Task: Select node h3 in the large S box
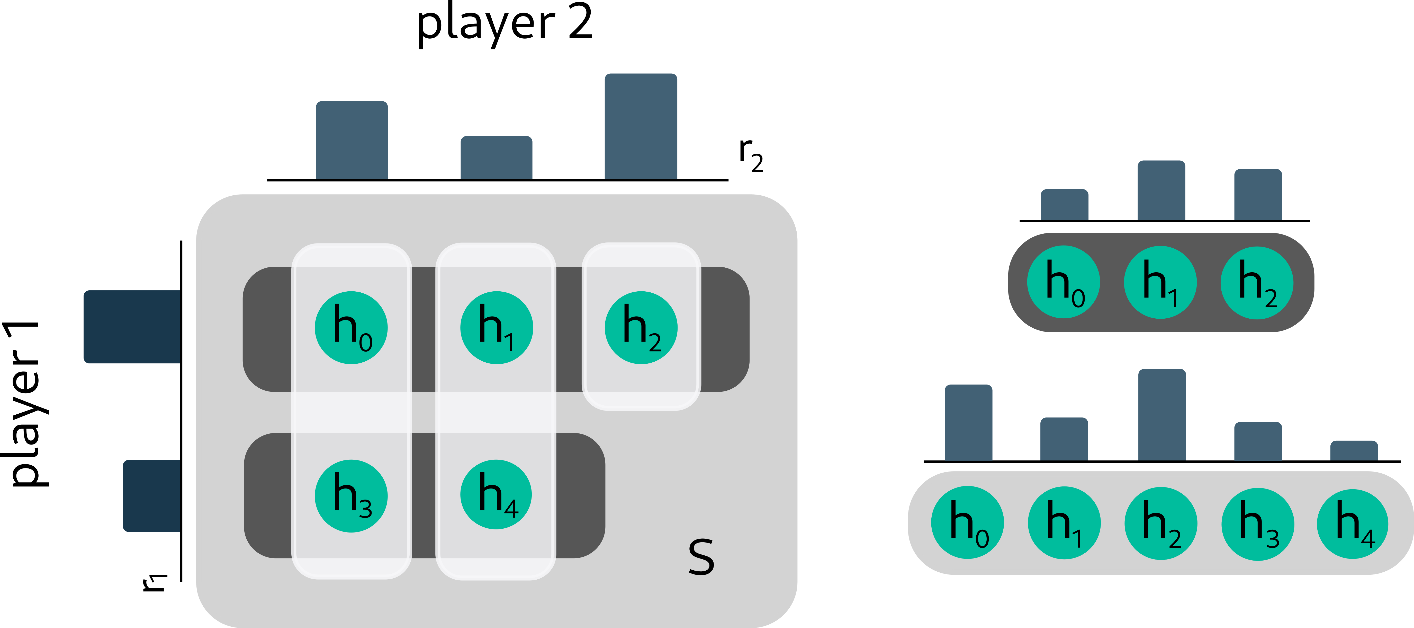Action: click(x=351, y=496)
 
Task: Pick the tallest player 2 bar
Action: click(x=641, y=126)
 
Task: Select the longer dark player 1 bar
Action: click(x=132, y=327)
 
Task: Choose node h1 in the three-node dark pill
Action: click(x=1160, y=282)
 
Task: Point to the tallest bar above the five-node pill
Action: click(x=1162, y=415)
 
